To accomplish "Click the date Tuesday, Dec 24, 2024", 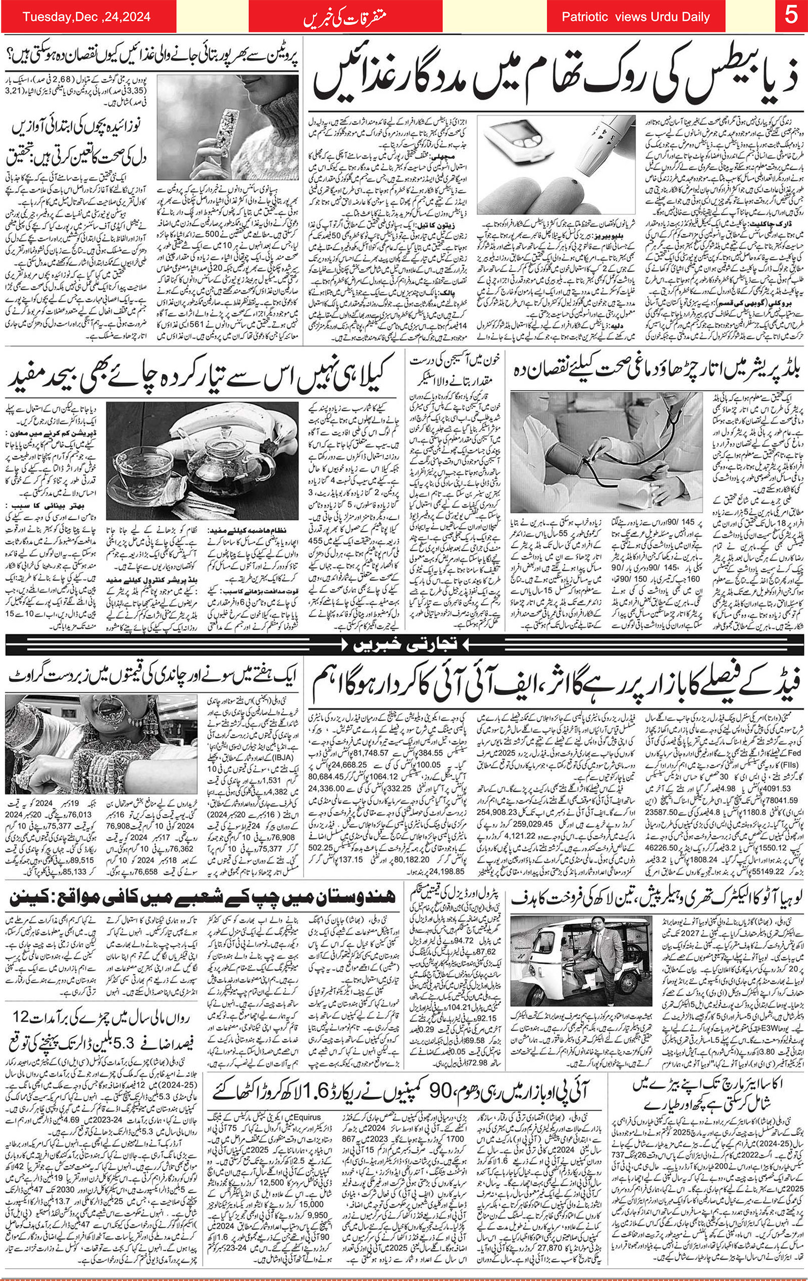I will (x=87, y=17).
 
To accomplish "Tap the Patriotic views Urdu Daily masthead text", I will (x=635, y=17).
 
